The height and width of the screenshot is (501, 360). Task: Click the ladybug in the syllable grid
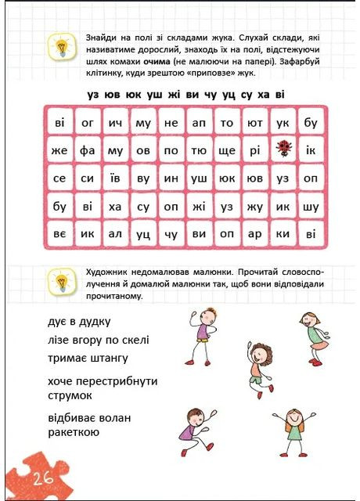click(283, 150)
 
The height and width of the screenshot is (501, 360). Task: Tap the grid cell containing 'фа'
click(87, 150)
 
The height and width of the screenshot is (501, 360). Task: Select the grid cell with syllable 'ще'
click(227, 150)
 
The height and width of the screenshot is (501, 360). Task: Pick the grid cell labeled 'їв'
click(115, 178)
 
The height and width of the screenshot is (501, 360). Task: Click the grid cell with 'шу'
click(311, 207)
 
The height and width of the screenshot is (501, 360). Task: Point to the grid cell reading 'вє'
click(59, 234)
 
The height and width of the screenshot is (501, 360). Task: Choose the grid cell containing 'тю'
click(199, 150)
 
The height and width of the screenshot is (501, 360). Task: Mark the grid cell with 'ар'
click(254, 234)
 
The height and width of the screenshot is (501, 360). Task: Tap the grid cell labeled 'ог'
click(87, 122)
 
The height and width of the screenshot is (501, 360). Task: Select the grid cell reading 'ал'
click(115, 234)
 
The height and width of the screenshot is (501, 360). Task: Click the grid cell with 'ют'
click(254, 122)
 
